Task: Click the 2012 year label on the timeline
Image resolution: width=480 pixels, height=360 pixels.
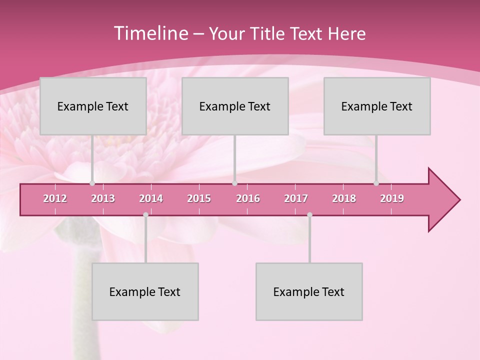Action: (x=55, y=198)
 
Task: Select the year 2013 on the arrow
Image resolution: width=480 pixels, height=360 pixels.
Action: (x=103, y=198)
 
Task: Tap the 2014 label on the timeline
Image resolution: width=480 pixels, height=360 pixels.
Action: (x=151, y=198)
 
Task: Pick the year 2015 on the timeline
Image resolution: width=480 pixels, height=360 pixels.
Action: (x=199, y=198)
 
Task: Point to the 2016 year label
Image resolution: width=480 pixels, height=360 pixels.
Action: (x=248, y=198)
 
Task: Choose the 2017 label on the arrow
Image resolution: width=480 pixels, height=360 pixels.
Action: (x=296, y=198)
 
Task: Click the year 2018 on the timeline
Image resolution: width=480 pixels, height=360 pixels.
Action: (x=344, y=198)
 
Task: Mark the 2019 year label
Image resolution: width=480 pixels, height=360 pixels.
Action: (x=392, y=198)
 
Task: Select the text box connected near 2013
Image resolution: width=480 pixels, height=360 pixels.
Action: (x=93, y=106)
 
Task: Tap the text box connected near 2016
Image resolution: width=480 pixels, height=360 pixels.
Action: (x=235, y=106)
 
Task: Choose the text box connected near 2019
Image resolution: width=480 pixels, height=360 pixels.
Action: (x=377, y=106)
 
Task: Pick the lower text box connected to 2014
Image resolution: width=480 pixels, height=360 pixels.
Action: (x=145, y=291)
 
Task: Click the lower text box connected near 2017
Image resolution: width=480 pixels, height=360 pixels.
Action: (x=309, y=291)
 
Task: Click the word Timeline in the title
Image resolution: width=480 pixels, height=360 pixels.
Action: (x=150, y=33)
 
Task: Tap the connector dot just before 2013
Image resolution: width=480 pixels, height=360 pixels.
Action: (x=92, y=183)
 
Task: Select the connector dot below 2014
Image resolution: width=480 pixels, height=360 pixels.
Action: (x=145, y=215)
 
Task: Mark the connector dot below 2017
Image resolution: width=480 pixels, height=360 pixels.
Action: (x=309, y=215)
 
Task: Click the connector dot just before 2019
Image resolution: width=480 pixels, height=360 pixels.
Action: (x=376, y=183)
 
